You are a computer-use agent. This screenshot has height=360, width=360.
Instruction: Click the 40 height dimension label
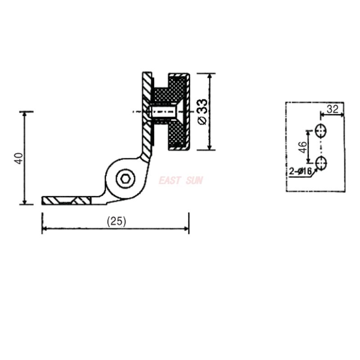tap(18, 158)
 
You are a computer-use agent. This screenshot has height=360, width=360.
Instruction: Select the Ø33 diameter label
tap(202, 112)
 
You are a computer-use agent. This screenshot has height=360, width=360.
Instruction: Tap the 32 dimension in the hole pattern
tap(333, 108)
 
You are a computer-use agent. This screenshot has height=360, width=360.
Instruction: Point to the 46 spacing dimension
tap(303, 147)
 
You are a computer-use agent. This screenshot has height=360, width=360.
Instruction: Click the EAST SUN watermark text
tap(180, 181)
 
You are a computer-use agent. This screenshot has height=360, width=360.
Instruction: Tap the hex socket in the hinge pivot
tap(125, 179)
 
